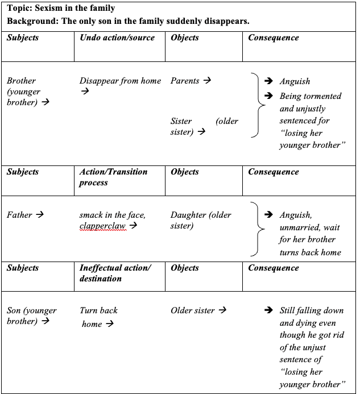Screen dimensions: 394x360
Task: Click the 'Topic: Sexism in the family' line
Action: coord(61,8)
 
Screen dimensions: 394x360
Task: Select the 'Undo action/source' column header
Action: coord(117,38)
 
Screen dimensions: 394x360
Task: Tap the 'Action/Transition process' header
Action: coord(113,177)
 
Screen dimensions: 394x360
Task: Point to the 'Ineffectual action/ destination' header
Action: coord(115,273)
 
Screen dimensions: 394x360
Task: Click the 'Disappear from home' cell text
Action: coord(120,81)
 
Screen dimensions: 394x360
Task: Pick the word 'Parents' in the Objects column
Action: coord(185,81)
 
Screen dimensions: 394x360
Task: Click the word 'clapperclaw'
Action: coord(103,226)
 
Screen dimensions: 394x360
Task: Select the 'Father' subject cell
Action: coord(20,215)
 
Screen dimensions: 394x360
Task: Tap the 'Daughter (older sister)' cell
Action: coord(201,220)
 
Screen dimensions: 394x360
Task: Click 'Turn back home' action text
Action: coord(98,317)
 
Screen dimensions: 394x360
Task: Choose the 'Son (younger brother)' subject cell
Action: coord(32,316)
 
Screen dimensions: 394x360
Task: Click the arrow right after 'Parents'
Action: coord(207,81)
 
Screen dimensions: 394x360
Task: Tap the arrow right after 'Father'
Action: coord(40,215)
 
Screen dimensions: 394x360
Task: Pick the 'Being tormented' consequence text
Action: coord(310,96)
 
